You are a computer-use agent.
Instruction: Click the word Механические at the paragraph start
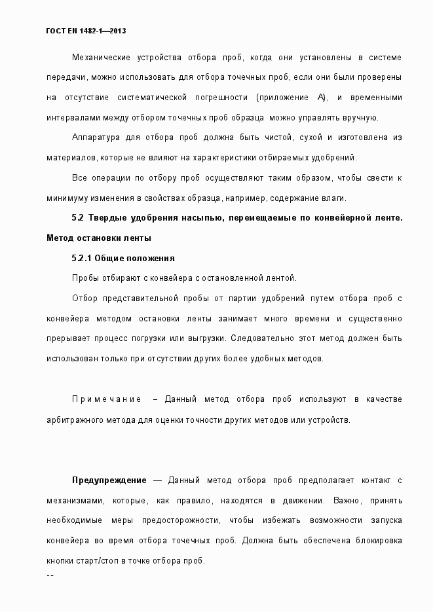99,58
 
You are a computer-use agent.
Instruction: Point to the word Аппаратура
95,137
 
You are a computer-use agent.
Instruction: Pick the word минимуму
67,198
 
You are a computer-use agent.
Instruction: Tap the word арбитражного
75,419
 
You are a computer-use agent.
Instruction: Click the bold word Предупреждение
109,480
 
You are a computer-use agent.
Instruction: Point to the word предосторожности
178,520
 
